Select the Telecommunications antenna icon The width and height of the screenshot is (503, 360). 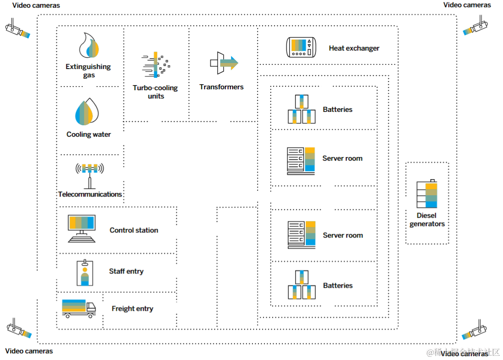(90, 175)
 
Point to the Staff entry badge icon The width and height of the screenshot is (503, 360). (85, 273)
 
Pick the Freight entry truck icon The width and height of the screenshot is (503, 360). (79, 308)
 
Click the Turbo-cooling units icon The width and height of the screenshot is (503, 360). (156, 65)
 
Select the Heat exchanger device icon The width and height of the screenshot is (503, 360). (302, 47)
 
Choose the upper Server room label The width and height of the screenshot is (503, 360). (342, 158)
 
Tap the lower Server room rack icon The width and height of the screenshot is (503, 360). (302, 234)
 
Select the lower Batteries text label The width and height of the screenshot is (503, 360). (338, 285)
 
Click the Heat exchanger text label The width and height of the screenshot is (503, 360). (354, 48)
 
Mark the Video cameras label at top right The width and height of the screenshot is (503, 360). (467, 5)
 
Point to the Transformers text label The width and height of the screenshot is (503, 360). (221, 87)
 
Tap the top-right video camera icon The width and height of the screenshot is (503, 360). (475, 26)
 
